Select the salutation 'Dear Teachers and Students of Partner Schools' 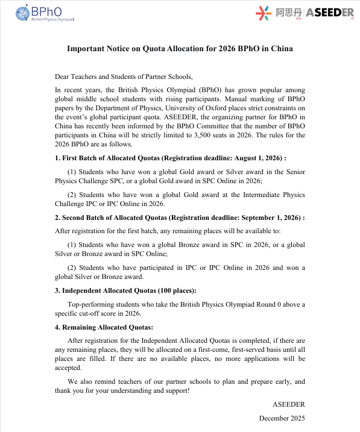pos(124,77)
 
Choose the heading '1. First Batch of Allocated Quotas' pos(110,158)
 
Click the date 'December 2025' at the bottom pos(282,418)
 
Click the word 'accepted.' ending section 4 pos(68,368)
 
